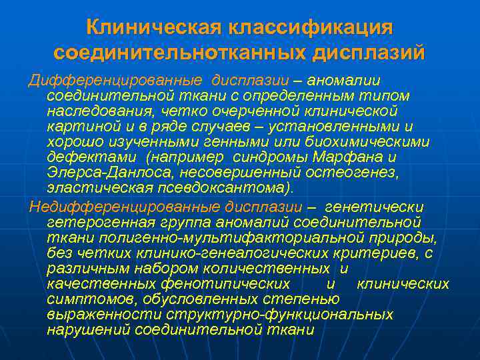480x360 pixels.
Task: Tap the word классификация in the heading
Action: pyautogui.click(x=311, y=28)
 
